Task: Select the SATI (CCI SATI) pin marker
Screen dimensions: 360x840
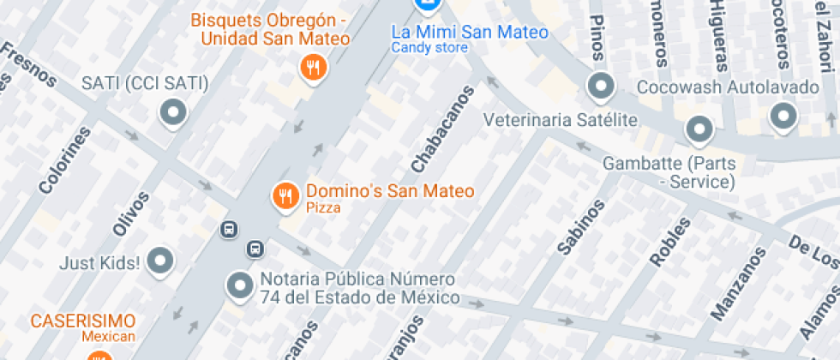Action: (x=174, y=112)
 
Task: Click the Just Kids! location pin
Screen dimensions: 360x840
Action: (x=160, y=261)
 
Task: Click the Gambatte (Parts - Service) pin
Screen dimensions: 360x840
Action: (x=699, y=130)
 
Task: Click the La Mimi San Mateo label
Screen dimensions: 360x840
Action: (x=469, y=32)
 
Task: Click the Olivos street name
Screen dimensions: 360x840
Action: (x=130, y=213)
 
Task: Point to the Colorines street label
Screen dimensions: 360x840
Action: (x=64, y=159)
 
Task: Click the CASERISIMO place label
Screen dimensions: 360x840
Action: (x=83, y=321)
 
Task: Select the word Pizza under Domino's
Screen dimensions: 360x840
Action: (x=323, y=208)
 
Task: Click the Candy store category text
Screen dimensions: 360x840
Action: (x=430, y=48)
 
